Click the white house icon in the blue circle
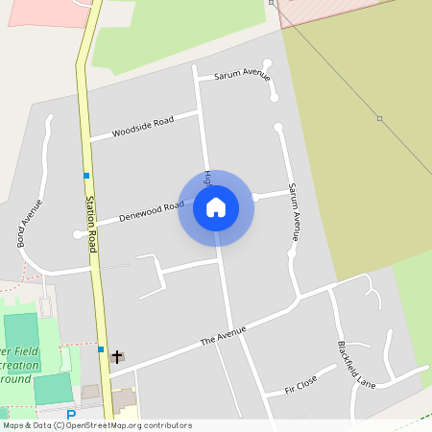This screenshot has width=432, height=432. (216, 207)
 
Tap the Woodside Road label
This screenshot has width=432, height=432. (142, 126)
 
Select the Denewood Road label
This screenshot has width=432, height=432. (151, 211)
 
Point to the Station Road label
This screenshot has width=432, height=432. (92, 224)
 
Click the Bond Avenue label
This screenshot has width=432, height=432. (30, 223)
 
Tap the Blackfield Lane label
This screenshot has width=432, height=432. (355, 365)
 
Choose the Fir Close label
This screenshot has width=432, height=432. (300, 386)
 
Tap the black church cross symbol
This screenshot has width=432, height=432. (117, 356)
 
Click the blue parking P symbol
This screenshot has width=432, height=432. (70, 415)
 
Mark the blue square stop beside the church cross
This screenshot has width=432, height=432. (101, 349)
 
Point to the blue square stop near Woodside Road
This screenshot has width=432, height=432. (86, 175)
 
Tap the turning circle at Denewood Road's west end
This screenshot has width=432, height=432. (77, 234)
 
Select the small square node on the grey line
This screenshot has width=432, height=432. (379, 118)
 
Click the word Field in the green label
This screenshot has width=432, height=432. (20, 352)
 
